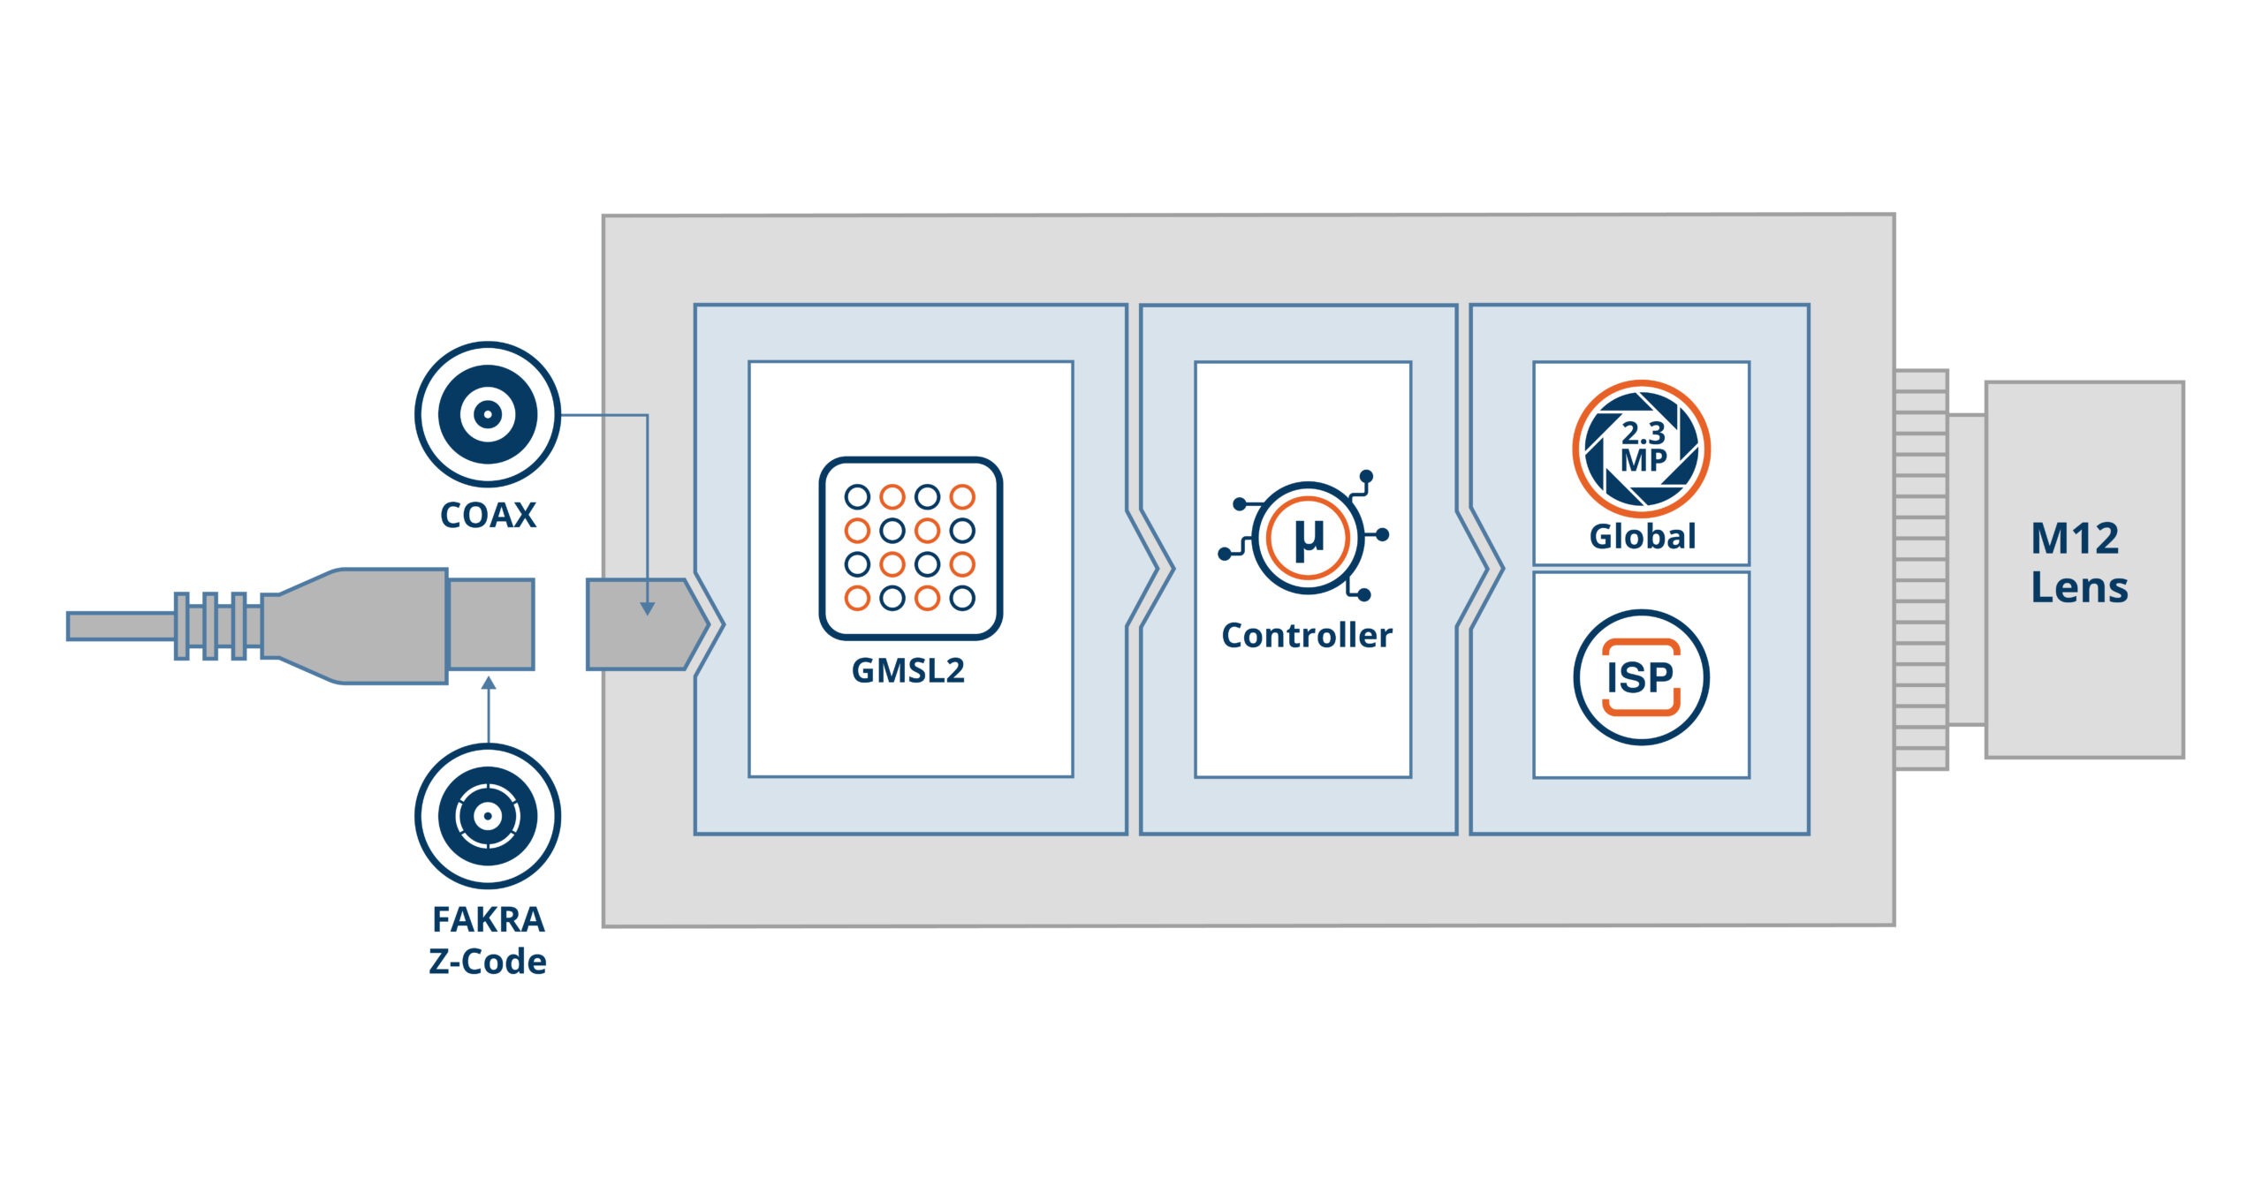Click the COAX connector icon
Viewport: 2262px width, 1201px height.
[487, 413]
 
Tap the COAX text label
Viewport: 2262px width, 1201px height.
[488, 516]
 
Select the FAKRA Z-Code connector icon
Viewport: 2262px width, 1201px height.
[487, 815]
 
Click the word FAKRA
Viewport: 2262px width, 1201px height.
[488, 920]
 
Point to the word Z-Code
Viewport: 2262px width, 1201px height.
[488, 962]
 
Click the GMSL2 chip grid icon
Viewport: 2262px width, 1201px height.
[910, 548]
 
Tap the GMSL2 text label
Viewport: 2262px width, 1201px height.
[908, 671]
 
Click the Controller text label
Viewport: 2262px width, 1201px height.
[1307, 636]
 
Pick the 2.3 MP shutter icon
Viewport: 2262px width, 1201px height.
[1641, 449]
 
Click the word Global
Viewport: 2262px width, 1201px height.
[1643, 537]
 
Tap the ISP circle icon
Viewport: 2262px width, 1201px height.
[1641, 677]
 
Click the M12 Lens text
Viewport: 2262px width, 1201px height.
[2078, 563]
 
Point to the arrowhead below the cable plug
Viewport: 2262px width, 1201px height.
[489, 684]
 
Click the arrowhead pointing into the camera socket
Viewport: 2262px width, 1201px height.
[648, 608]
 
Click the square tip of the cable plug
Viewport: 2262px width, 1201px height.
[491, 624]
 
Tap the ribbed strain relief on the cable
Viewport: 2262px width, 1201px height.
[210, 626]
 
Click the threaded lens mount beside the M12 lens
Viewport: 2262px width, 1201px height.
[1921, 570]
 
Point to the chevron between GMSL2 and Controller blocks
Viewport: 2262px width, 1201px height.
[1150, 570]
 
